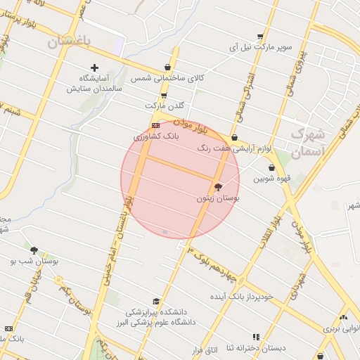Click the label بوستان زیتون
(x=218, y=200)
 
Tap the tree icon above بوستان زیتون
(x=218, y=188)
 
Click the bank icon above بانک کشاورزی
(x=155, y=125)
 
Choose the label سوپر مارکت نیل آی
(x=260, y=47)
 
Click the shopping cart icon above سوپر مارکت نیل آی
(x=260, y=37)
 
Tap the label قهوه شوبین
(x=271, y=179)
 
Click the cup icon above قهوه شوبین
(x=271, y=168)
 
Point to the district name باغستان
(x=70, y=42)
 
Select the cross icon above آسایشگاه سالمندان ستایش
(x=95, y=67)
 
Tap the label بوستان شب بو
(x=34, y=261)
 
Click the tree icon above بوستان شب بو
(x=34, y=250)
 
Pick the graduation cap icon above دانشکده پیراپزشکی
(x=156, y=301)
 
